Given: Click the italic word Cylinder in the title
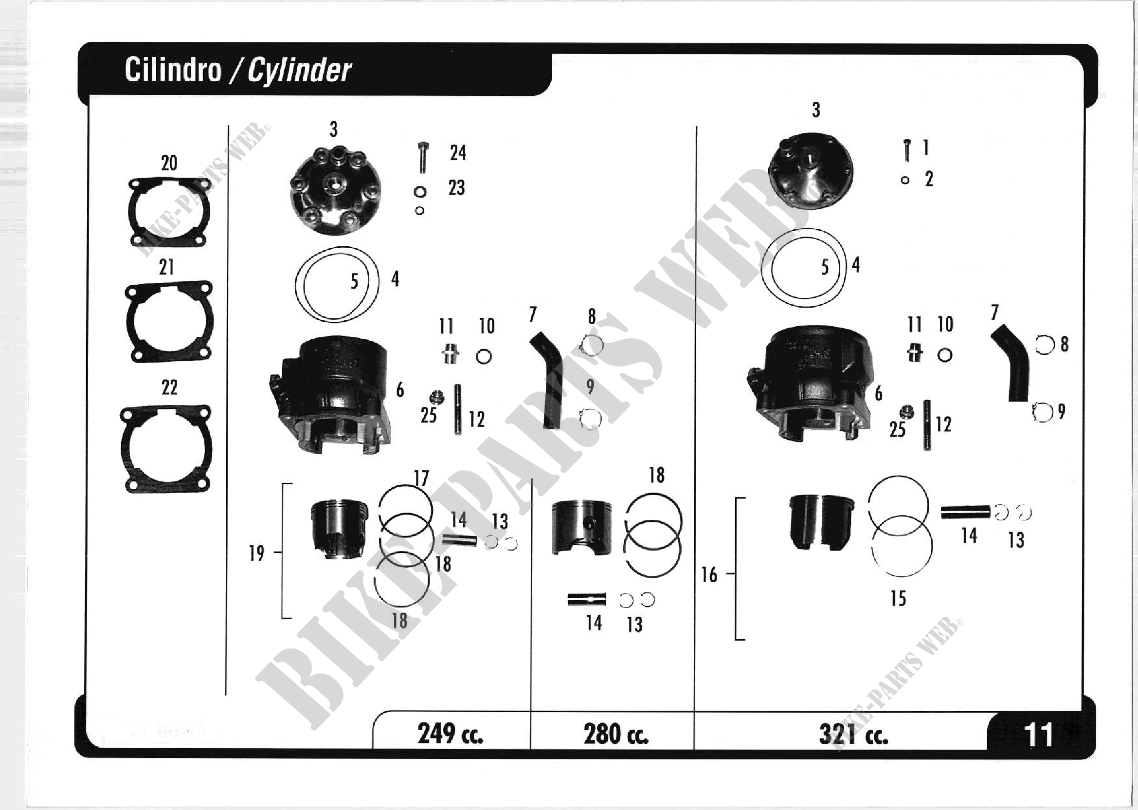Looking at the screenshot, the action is pos(300,71).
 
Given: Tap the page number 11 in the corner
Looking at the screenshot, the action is pos(1038,735).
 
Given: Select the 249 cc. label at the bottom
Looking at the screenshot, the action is pos(450,733).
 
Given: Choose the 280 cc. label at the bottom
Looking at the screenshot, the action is pos(616,734).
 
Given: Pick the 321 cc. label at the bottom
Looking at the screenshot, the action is pos(853,734).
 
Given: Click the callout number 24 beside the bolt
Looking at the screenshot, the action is pos(458,153).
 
